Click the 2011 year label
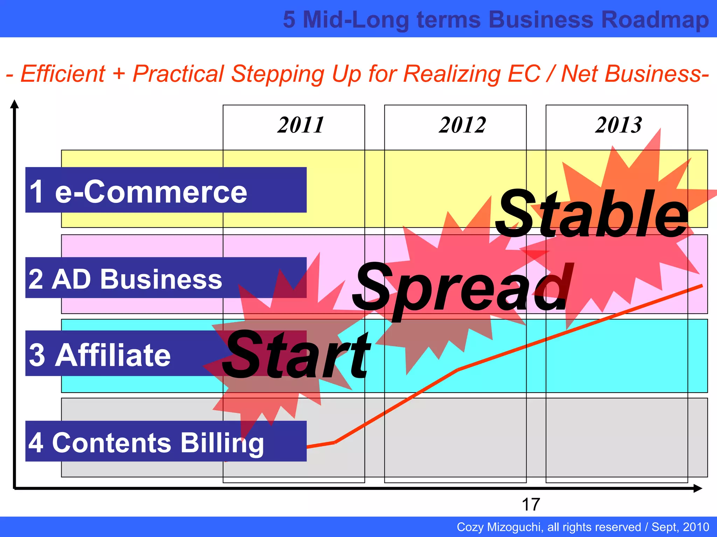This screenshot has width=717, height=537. click(x=301, y=125)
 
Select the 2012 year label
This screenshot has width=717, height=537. click(x=462, y=125)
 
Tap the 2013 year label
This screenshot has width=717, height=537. click(x=619, y=125)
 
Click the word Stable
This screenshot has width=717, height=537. click(x=592, y=214)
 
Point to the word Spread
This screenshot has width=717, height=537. click(x=462, y=288)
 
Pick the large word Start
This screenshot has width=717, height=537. click(x=296, y=355)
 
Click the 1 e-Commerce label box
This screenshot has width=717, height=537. click(x=166, y=190)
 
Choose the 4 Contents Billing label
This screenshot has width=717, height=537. click(x=166, y=442)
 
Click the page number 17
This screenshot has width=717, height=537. click(x=531, y=504)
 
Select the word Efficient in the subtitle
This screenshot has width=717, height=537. click(x=63, y=74)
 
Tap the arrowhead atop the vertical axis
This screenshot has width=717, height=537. click(x=14, y=103)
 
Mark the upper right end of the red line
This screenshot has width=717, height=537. click(x=701, y=286)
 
